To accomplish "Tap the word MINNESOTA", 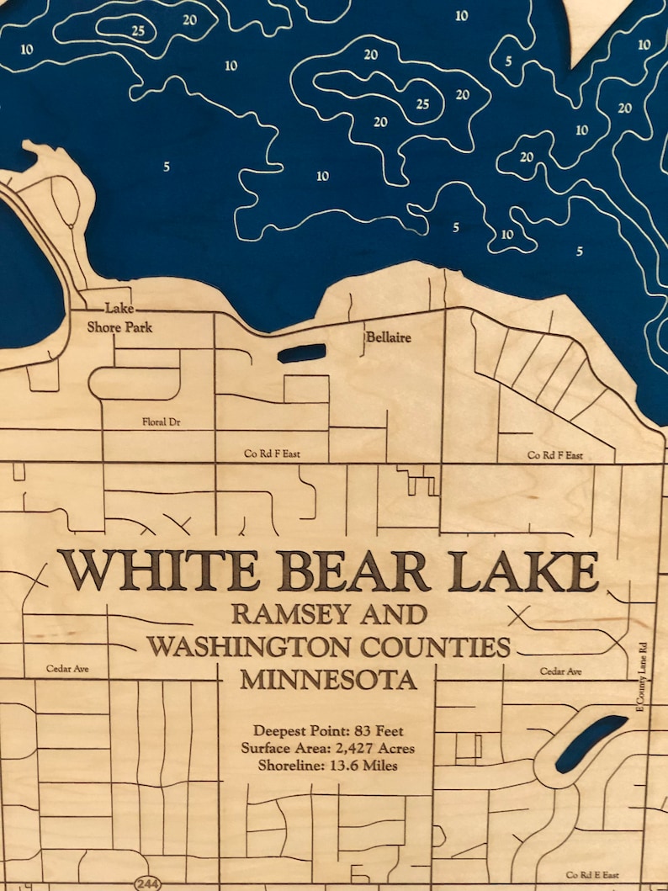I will click(x=328, y=679).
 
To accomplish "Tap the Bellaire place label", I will click(x=389, y=337).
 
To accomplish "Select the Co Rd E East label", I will click(x=594, y=875).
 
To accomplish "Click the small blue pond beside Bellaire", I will click(x=301, y=353).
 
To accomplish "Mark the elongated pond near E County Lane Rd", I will click(x=591, y=743).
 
